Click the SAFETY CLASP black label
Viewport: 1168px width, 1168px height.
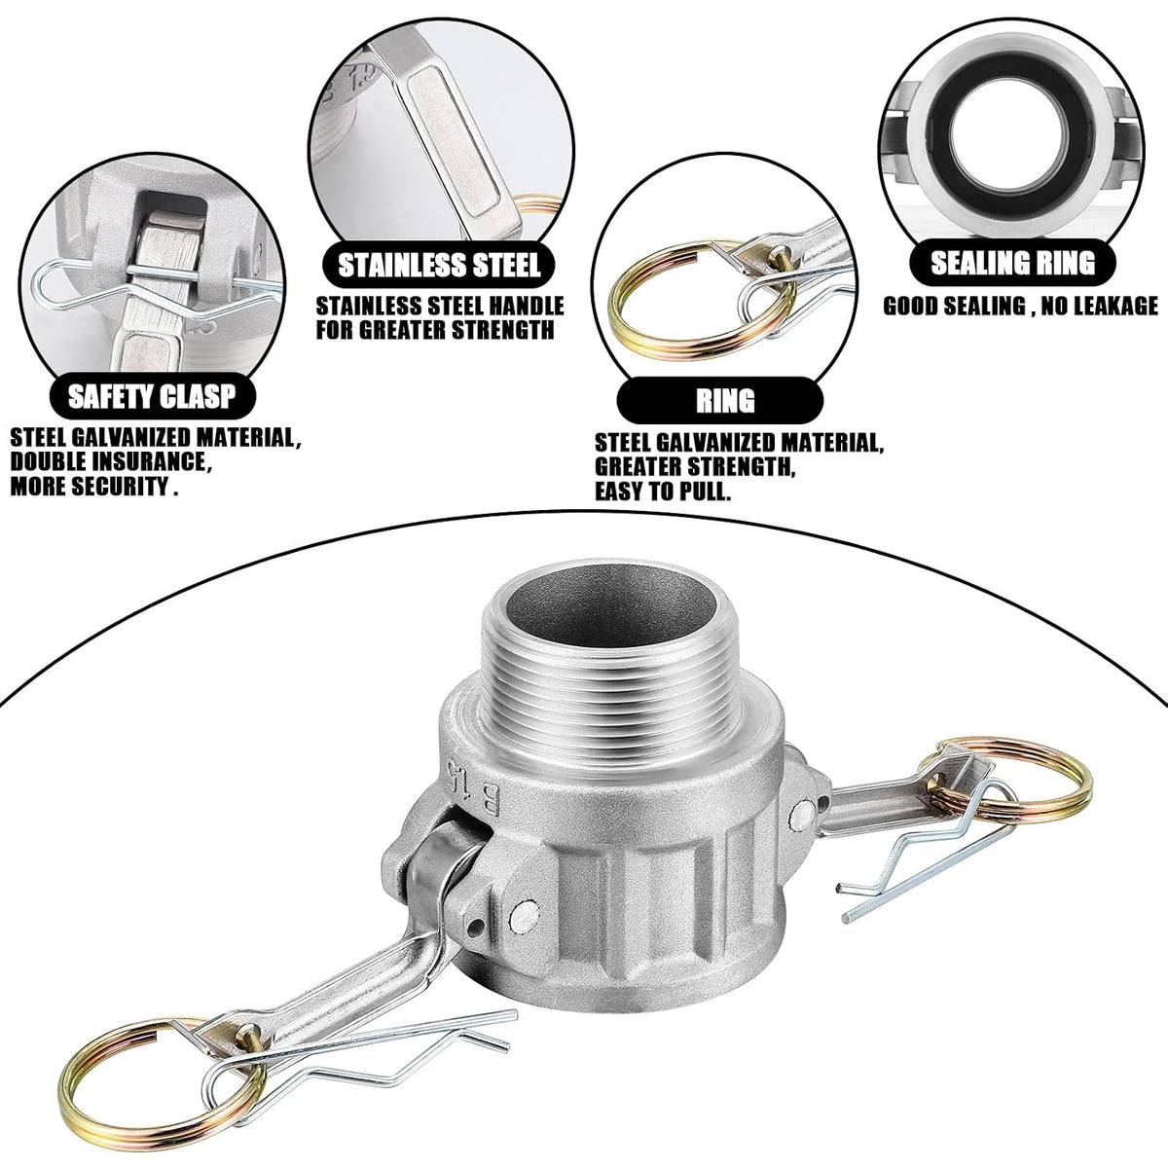pyautogui.click(x=152, y=396)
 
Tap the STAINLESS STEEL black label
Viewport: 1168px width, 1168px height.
pyautogui.click(x=439, y=265)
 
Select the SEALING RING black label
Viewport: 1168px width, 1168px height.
pyautogui.click(x=1013, y=263)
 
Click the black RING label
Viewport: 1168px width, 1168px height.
pyautogui.click(x=720, y=401)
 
